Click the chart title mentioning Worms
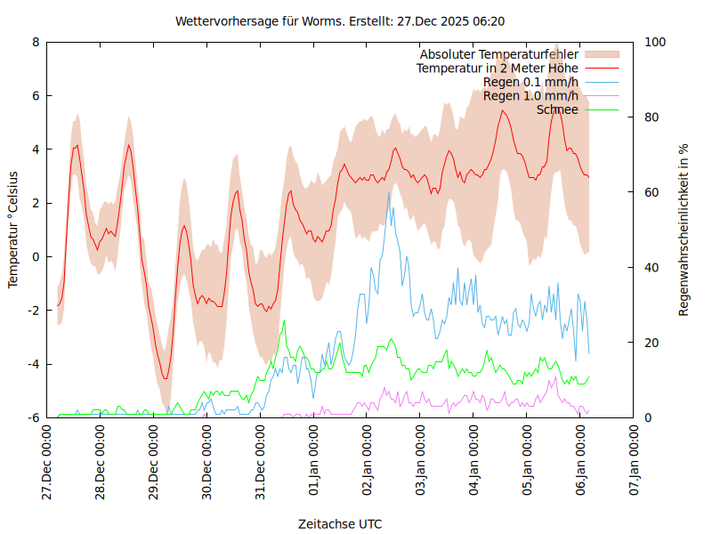click(341, 20)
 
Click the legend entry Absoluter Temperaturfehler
click(498, 54)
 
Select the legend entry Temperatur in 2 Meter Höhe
click(498, 69)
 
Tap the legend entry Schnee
click(557, 109)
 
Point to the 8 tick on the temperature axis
click(36, 42)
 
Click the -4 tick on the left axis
click(34, 364)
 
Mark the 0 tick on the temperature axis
click(36, 256)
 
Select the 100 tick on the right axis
click(655, 42)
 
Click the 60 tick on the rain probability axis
click(652, 192)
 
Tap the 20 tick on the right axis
click(652, 343)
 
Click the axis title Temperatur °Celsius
click(13, 230)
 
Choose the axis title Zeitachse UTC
click(341, 524)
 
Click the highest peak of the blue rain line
click(389, 192)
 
